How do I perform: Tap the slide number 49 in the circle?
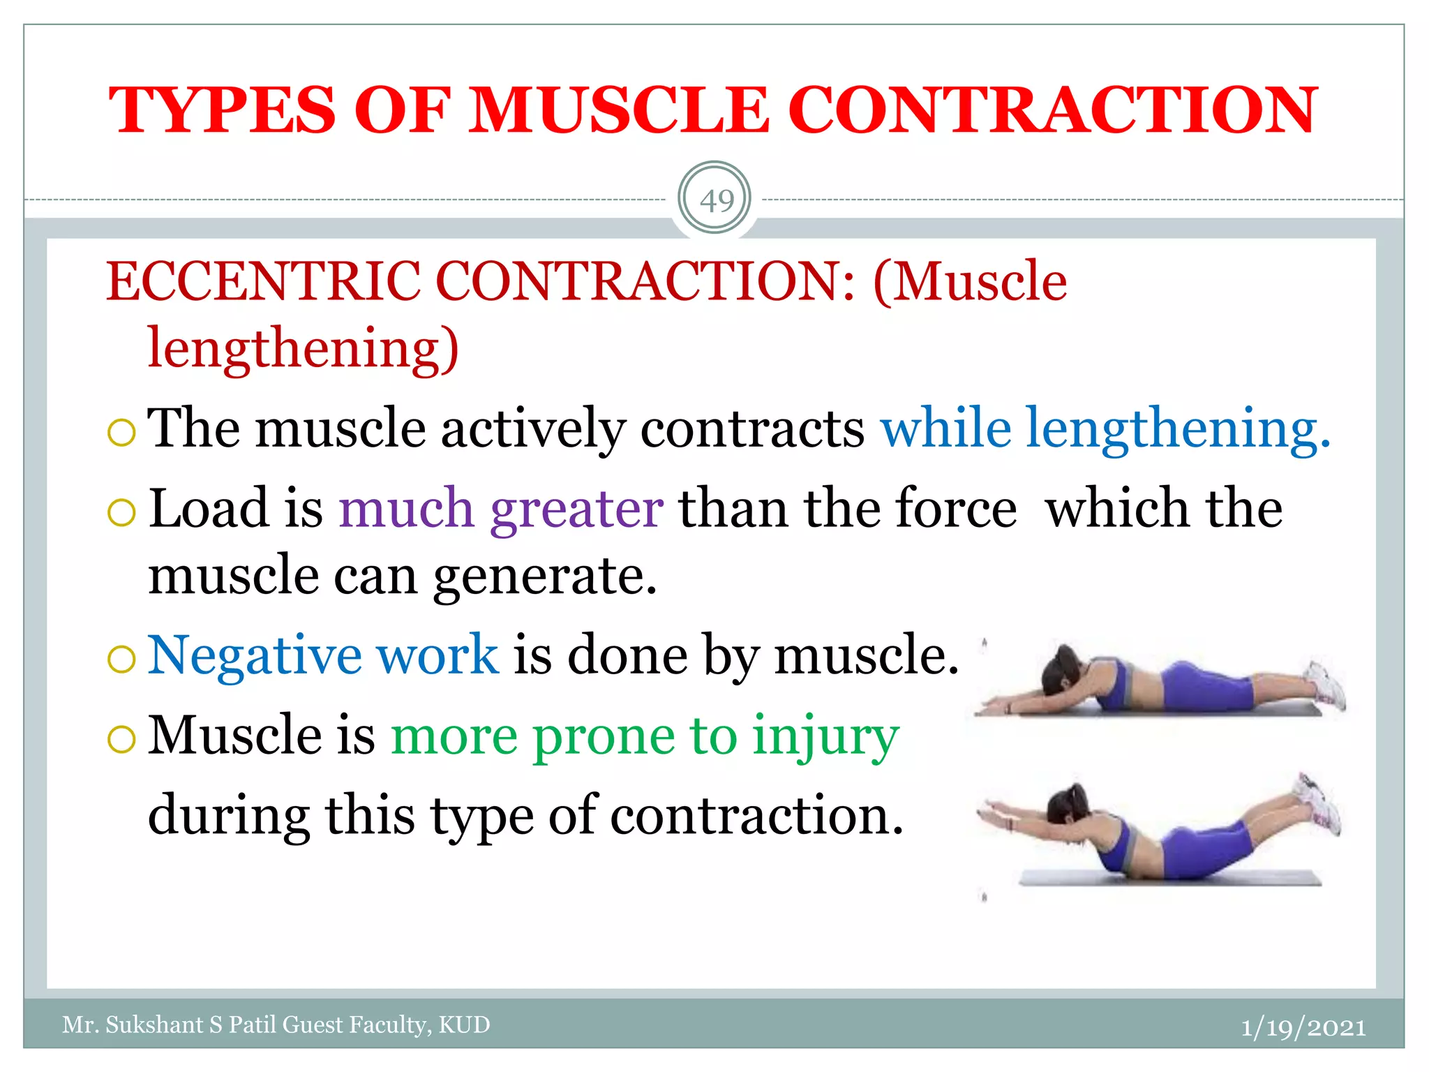pos(716,201)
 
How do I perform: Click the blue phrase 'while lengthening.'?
pos(1105,428)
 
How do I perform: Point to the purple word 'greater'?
pos(576,508)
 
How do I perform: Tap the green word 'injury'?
pos(825,736)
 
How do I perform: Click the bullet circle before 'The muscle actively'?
pos(121,433)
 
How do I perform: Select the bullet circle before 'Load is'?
pos(121,513)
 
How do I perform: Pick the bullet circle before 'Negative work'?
pos(121,660)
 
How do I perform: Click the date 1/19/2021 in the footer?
pos(1303,1027)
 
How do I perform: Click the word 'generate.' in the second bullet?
pos(545,576)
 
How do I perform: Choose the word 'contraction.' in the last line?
pos(756,815)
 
